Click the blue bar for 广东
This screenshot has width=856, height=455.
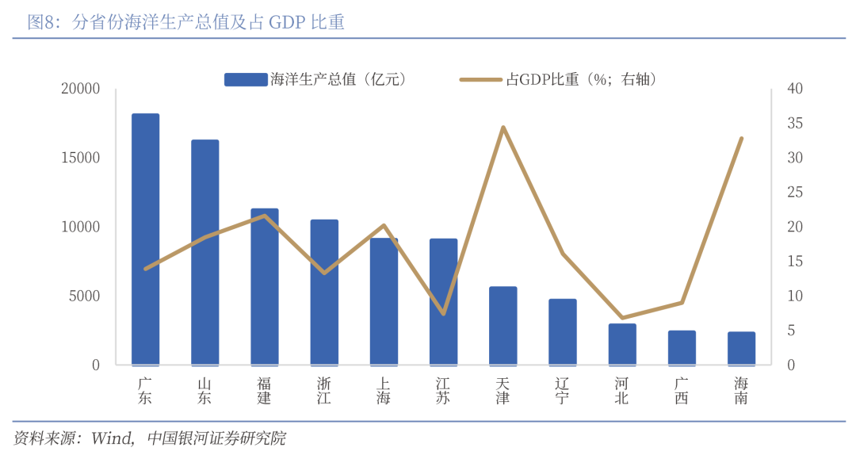(145, 239)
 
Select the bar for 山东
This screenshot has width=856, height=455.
(205, 252)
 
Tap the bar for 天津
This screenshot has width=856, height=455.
(503, 325)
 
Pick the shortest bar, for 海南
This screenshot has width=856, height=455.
(741, 348)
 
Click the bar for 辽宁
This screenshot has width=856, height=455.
(563, 331)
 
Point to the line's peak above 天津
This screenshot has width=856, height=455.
(503, 127)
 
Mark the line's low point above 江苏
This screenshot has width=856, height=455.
(444, 314)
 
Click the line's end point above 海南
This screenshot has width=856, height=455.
(742, 139)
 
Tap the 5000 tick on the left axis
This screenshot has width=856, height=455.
(84, 296)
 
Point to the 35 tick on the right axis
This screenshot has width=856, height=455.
(795, 124)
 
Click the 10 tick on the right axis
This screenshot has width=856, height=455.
(795, 296)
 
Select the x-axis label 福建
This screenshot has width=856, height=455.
(265, 391)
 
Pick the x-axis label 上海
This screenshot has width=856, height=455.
(384, 391)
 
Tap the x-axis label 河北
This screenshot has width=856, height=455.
(622, 391)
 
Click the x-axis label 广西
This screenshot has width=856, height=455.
(682, 391)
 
